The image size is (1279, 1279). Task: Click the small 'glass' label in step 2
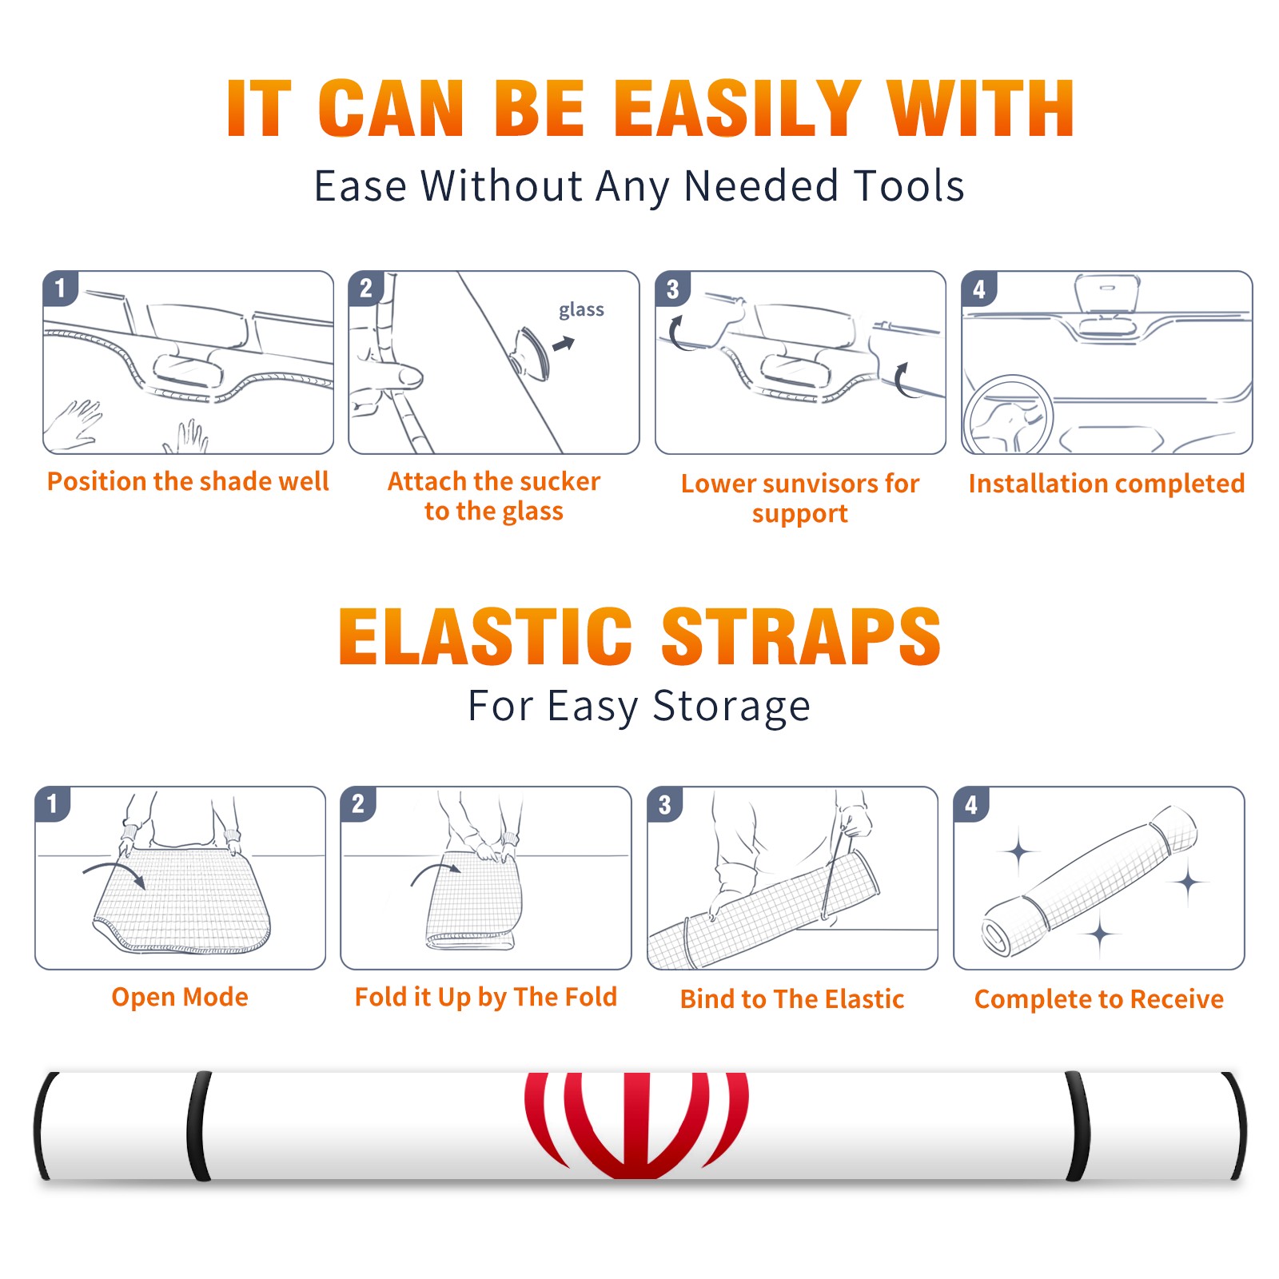(581, 310)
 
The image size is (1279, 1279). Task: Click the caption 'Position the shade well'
(188, 481)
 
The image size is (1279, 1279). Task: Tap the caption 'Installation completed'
(1106, 484)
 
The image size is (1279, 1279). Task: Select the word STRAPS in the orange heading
(801, 636)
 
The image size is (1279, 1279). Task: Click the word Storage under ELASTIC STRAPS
(731, 707)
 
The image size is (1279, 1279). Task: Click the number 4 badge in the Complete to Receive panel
(971, 804)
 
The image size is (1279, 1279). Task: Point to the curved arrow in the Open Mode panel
(114, 871)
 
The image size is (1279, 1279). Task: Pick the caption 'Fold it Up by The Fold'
(486, 997)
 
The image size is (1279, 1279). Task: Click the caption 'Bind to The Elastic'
(792, 999)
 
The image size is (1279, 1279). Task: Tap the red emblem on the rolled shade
(636, 1126)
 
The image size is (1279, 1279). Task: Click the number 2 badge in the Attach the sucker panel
(366, 289)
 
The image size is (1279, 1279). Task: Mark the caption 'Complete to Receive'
(1099, 999)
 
